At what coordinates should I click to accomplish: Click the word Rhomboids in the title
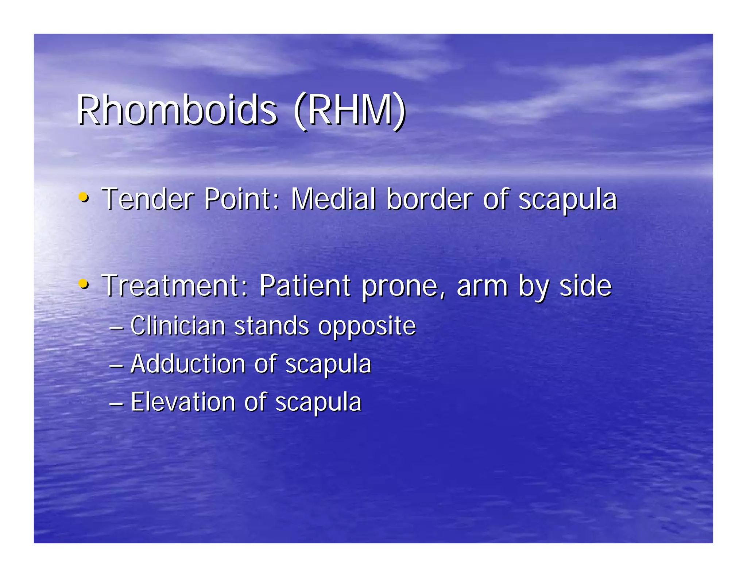(x=177, y=110)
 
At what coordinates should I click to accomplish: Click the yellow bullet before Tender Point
(x=84, y=198)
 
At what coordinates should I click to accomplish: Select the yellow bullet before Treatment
(x=84, y=284)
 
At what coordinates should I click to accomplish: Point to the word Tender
(x=148, y=199)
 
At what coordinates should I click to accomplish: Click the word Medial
(x=333, y=199)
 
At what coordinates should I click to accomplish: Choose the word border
(x=430, y=199)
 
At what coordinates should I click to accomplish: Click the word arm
(x=482, y=287)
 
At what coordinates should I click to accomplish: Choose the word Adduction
(x=188, y=364)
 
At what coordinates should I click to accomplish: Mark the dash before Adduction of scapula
(x=116, y=365)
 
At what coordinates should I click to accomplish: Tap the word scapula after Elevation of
(x=318, y=403)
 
